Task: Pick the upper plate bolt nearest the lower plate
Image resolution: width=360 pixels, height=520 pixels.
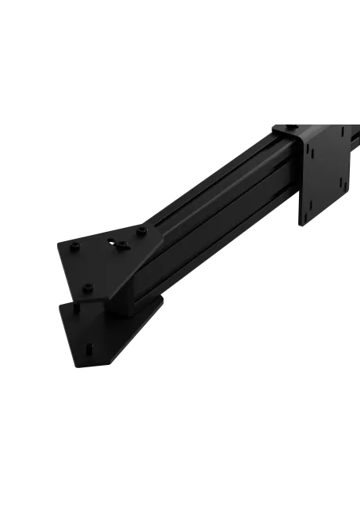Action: pos(88,287)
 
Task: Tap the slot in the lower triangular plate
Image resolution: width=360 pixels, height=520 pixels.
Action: pos(91,347)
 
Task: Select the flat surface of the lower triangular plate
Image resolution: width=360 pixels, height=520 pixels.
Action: pos(86,329)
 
